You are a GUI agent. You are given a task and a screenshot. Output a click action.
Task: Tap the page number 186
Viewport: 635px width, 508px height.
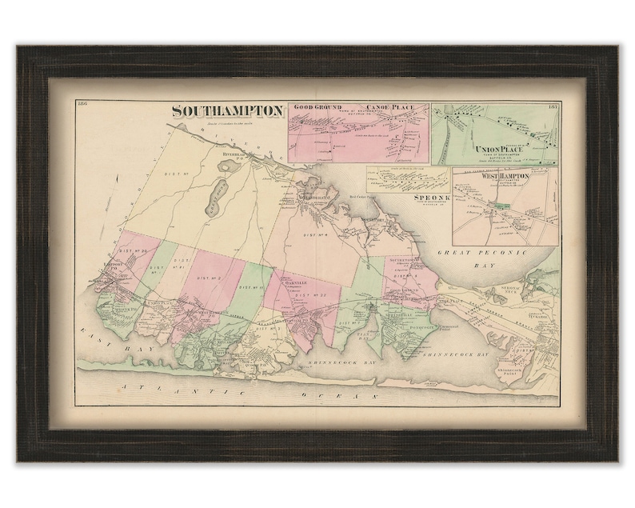pos(84,106)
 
